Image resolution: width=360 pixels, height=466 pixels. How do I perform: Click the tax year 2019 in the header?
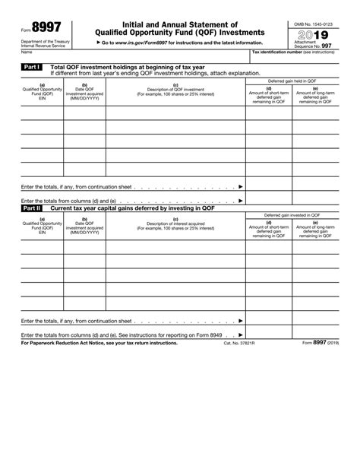click(x=313, y=36)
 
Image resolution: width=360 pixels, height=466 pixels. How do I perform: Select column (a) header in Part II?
click(x=42, y=226)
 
